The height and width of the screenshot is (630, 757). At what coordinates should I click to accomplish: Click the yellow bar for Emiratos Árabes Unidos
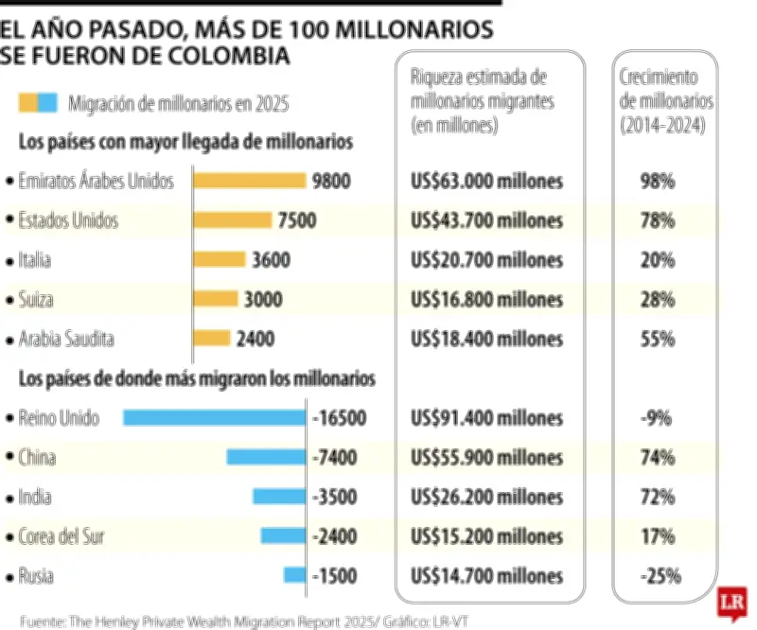[250, 181]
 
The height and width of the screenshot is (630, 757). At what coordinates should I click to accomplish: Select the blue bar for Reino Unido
[215, 417]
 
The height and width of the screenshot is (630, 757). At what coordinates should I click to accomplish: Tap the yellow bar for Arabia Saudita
[212, 338]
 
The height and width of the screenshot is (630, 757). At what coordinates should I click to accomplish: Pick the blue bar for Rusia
[294, 575]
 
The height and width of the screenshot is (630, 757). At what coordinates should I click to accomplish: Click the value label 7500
[297, 220]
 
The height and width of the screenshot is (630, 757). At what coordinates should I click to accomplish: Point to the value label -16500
[339, 417]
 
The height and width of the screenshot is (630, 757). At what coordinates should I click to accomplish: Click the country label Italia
[35, 260]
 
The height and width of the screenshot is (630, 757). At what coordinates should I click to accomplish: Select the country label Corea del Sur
[62, 536]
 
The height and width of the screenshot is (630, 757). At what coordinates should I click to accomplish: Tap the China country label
[37, 457]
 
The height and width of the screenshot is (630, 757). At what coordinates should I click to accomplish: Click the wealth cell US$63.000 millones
[487, 181]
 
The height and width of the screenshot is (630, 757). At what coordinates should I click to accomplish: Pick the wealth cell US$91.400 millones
[487, 417]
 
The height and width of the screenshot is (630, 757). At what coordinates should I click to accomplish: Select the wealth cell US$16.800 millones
[487, 299]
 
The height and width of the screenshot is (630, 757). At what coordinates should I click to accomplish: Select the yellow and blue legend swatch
[39, 103]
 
